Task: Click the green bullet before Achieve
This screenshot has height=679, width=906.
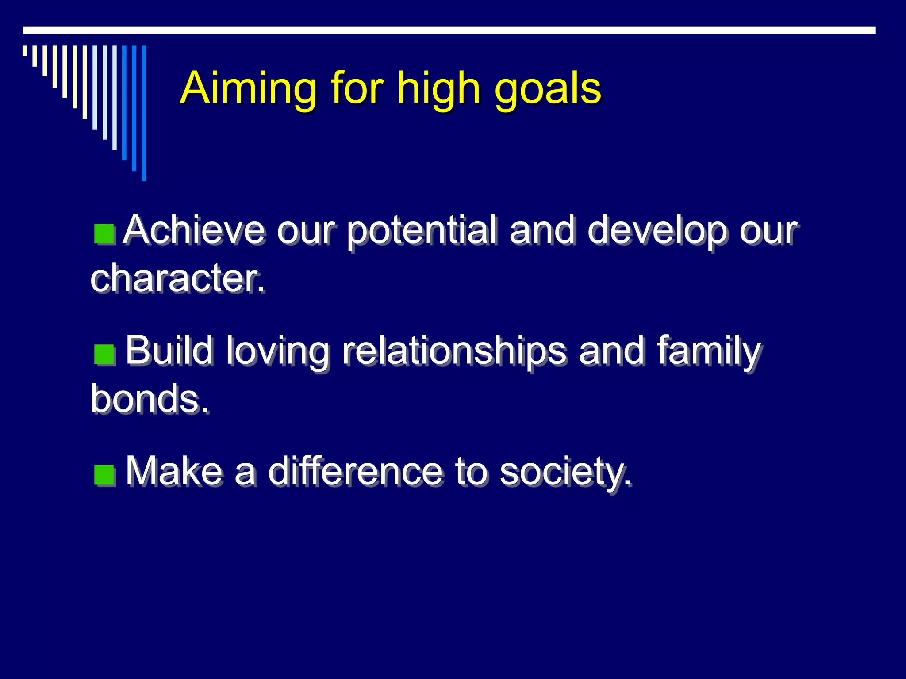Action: click(x=104, y=234)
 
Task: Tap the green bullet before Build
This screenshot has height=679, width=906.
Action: click(x=104, y=355)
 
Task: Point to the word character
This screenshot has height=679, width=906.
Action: click(x=177, y=278)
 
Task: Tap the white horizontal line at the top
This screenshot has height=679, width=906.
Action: click(x=449, y=30)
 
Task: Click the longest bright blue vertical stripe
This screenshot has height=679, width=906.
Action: click(x=144, y=113)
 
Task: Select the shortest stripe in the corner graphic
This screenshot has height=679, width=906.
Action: click(x=25, y=50)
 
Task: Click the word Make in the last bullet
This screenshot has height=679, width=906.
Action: click(x=174, y=471)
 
